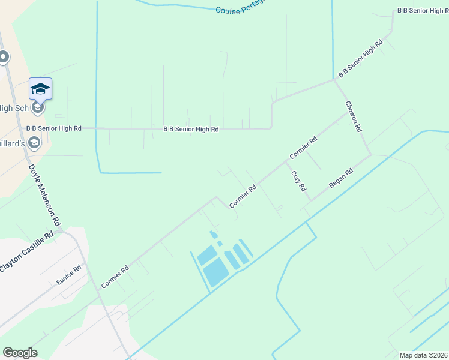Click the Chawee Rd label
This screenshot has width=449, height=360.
[354, 116]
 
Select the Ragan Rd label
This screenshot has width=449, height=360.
[340, 179]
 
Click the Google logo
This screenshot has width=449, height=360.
[20, 353]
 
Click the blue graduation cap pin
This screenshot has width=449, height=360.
[40, 88]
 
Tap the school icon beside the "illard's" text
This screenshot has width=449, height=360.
[34, 143]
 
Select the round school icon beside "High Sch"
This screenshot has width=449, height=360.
[38, 108]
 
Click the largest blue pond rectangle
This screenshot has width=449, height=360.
[215, 273]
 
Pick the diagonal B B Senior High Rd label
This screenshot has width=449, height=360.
[360, 59]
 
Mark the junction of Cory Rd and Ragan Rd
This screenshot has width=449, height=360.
[309, 200]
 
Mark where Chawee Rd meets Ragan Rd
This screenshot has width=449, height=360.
[370, 155]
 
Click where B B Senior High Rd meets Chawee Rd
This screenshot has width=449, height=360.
[334, 80]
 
